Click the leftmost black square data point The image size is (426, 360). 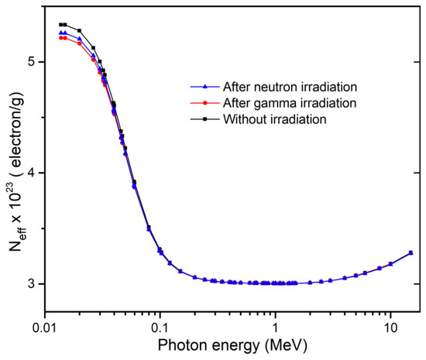click(60, 25)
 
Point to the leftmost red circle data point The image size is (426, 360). click(60, 38)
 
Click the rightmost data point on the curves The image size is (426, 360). click(411, 252)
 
